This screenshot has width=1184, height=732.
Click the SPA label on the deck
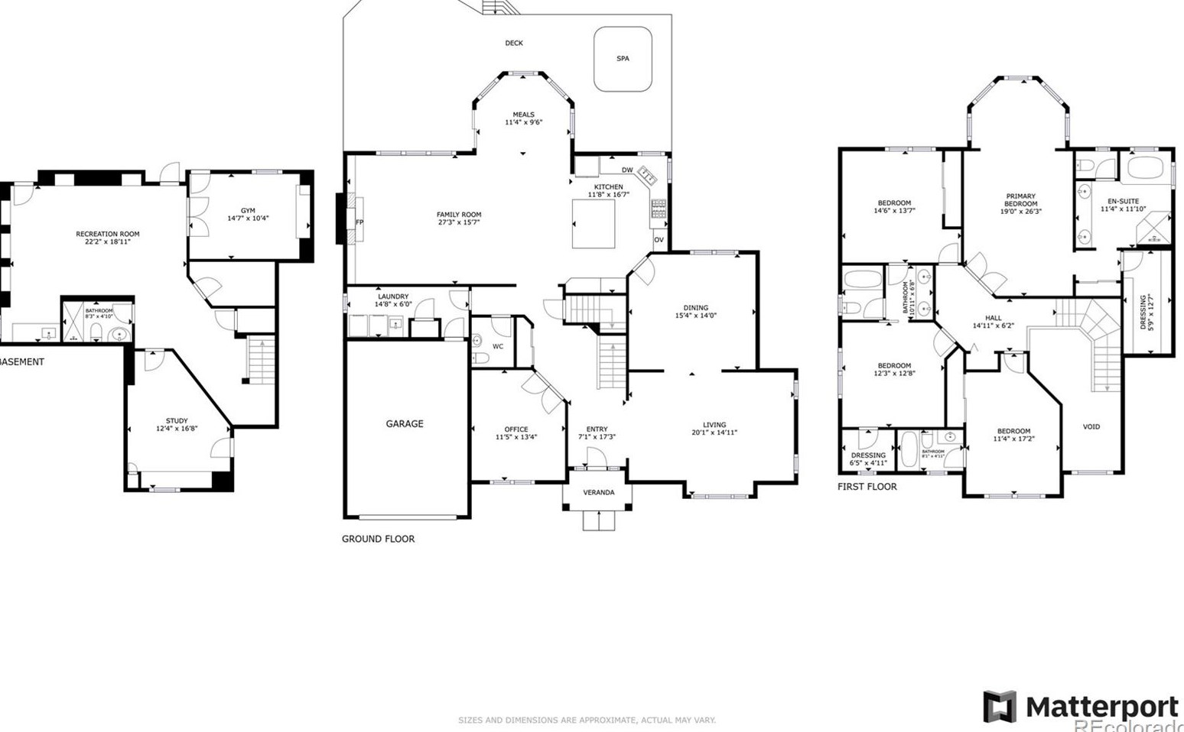coord(623,58)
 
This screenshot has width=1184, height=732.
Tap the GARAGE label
coord(404,423)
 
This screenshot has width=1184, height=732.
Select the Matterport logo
coord(1082,707)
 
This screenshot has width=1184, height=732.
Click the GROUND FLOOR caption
coord(378,539)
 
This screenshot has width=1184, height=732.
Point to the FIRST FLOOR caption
coord(867,486)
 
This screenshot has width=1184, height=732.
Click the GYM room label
coord(248,211)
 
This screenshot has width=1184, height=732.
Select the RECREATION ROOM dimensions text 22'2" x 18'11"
coord(108,241)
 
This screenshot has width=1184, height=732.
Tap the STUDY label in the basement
coord(177,421)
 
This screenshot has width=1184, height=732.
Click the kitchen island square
coord(594,224)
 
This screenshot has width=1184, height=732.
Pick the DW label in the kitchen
coord(626,170)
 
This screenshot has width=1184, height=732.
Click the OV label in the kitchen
coord(659,240)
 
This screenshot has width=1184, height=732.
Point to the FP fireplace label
coord(359,222)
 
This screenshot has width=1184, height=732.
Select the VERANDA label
coord(598,492)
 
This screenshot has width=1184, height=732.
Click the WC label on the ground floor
coord(498,346)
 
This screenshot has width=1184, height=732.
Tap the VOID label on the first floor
coord(1091,426)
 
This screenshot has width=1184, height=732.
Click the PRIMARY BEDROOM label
coord(1020,200)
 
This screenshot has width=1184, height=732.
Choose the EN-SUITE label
coord(1123,201)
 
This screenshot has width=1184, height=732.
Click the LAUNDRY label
coord(393,296)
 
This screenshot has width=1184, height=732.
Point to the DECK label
coord(514,43)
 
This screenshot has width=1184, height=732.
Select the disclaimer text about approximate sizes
coord(587,720)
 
